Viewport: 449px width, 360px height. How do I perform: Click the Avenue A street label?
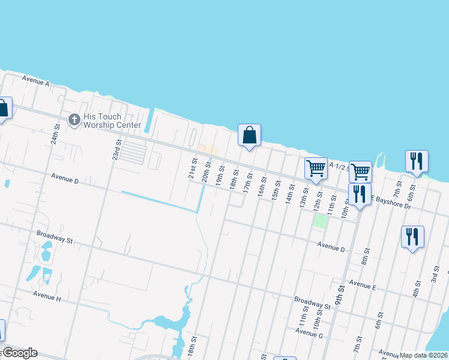coord(35,80)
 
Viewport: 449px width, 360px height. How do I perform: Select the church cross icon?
coord(74,121)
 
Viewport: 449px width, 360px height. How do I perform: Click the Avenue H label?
coord(47,296)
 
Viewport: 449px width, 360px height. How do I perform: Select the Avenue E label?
coord(363,286)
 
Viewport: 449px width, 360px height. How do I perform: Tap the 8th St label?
coord(364,260)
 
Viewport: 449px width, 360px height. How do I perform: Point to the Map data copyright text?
coord(424,355)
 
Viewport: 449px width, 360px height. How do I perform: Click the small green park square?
coord(321,220)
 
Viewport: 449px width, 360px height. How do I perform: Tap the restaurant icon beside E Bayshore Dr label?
coord(360,194)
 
